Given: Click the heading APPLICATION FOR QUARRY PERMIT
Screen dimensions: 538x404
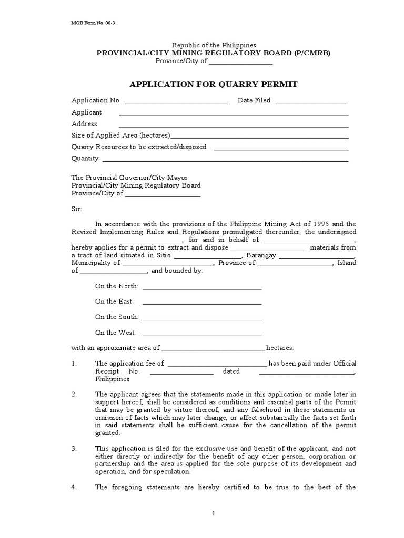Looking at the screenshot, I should click(213, 84).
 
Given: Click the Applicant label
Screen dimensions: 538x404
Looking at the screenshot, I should click(87, 112).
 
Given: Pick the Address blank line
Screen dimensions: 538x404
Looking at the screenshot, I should click(234, 125).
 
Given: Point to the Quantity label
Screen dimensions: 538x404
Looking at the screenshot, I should click(85, 159).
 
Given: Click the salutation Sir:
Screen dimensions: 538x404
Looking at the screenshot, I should click(77, 209).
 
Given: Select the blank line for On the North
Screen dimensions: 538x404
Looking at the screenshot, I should click(202, 287).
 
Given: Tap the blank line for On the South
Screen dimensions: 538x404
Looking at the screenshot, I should click(202, 318).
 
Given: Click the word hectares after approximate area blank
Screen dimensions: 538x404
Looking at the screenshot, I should click(280, 348).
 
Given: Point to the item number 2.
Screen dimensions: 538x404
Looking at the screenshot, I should click(74, 394).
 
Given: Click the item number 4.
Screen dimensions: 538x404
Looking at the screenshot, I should click(74, 487).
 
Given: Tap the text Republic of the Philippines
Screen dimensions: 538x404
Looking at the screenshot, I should click(213, 45).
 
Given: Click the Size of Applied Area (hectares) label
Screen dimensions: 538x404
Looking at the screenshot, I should click(121, 136).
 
